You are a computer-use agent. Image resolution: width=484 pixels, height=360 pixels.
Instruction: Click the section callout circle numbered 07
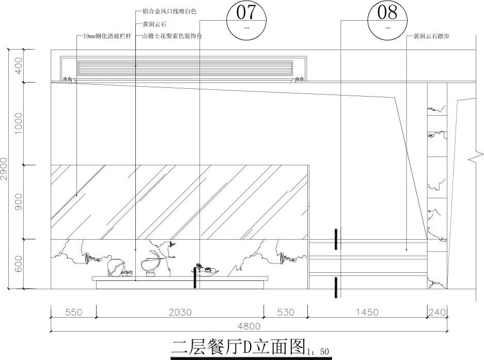[x=245, y=21]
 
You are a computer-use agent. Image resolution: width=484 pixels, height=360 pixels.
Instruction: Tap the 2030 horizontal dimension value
[x=180, y=312]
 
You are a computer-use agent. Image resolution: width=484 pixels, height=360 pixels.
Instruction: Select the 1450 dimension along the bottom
[x=367, y=312]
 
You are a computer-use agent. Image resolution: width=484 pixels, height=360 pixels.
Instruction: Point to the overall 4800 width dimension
[x=249, y=326]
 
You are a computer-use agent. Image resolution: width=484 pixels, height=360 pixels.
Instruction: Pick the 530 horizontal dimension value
[x=286, y=312]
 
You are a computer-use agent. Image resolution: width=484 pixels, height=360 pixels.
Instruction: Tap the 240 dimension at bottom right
[x=437, y=312]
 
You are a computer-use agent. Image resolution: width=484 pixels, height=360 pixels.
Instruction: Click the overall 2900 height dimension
[x=5, y=168]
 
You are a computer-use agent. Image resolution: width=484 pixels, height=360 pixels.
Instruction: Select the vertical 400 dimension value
[x=19, y=66]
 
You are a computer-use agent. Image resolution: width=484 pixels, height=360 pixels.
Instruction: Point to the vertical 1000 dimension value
[x=19, y=123]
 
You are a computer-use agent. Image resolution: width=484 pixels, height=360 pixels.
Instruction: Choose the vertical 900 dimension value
[x=19, y=202]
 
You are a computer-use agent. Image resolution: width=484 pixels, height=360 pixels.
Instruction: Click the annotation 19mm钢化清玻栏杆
[x=106, y=37]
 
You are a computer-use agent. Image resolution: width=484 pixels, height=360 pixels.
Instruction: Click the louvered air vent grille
[x=185, y=68]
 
